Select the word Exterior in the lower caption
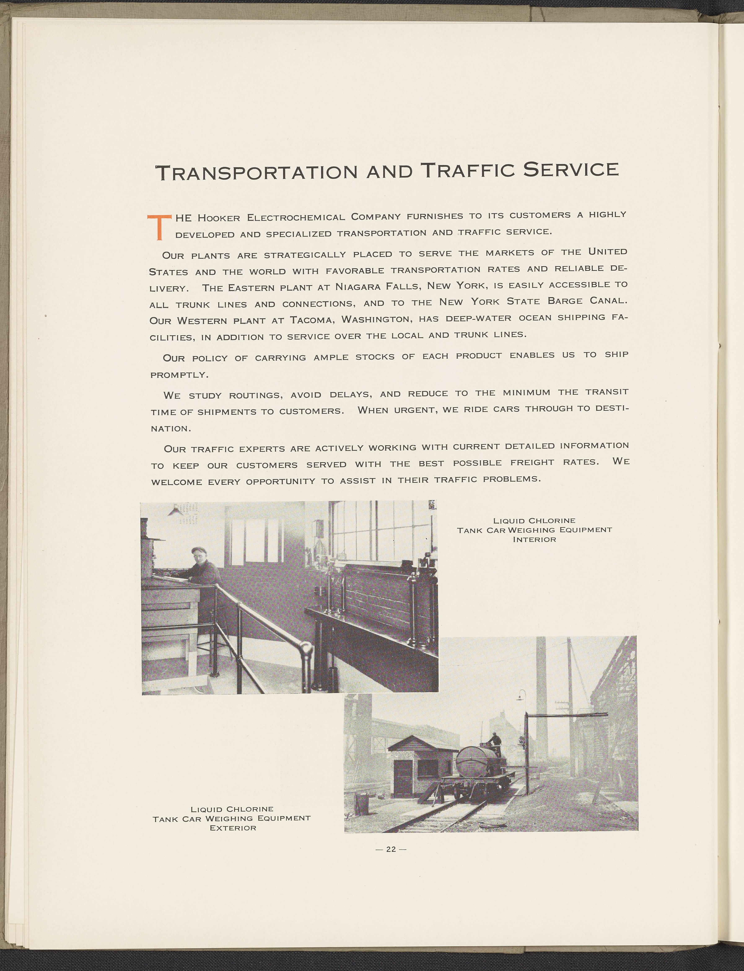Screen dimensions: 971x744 point(233,828)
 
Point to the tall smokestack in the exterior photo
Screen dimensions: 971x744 point(542,690)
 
